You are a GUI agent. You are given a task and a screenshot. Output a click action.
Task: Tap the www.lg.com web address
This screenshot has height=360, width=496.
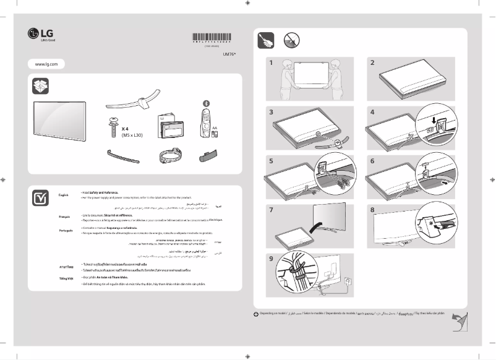46,64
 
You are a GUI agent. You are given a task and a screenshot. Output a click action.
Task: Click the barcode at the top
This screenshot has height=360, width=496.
212,37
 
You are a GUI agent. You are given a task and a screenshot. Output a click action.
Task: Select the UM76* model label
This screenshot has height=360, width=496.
229,54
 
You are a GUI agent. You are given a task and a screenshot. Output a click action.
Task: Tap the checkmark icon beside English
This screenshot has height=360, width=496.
40,198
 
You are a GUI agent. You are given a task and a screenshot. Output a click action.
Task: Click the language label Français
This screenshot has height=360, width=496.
64,218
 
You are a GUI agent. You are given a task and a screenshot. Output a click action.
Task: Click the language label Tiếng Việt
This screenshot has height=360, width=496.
65,279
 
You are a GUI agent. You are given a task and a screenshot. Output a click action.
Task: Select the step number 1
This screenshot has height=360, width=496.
271,63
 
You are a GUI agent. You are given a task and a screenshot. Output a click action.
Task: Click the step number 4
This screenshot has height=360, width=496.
372,113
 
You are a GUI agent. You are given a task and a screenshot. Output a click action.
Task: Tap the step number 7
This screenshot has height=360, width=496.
271,210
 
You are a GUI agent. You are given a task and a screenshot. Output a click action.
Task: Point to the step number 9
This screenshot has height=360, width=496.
271,259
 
